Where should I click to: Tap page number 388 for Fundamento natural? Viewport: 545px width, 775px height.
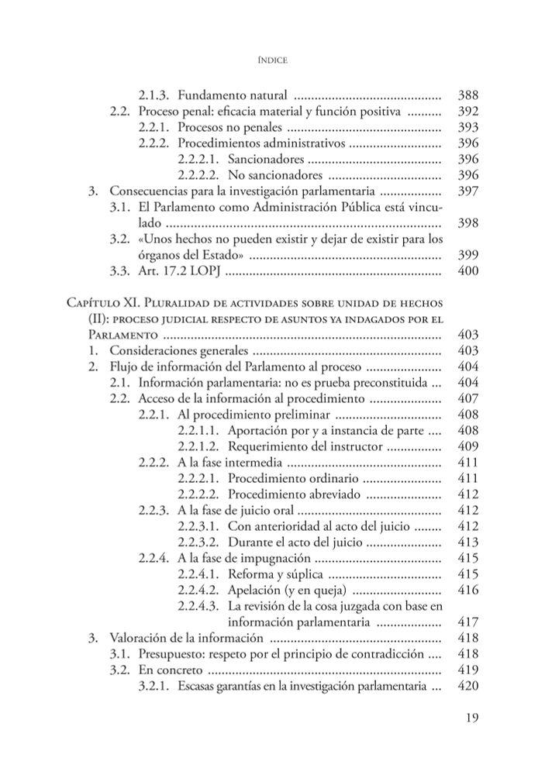(x=467, y=96)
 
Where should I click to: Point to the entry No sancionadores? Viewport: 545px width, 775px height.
(x=268, y=174)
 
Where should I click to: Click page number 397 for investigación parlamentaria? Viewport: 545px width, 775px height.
(x=467, y=191)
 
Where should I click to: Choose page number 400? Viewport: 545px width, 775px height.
(x=467, y=271)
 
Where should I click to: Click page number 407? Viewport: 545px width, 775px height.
(x=467, y=398)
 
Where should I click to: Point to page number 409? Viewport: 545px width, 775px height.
(x=467, y=446)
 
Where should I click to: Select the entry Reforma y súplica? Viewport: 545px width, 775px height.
(x=276, y=574)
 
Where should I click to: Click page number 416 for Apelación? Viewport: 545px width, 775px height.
(x=467, y=590)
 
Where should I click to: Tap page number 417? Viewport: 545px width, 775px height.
(x=467, y=622)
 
